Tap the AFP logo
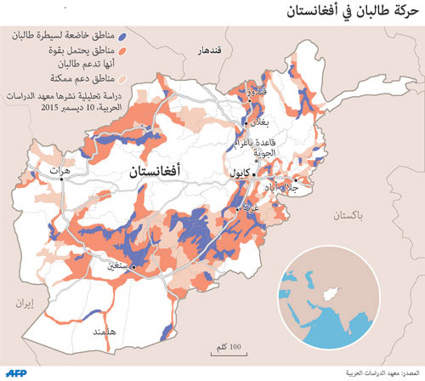(x=18, y=372)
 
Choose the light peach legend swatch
(x=124, y=80)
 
